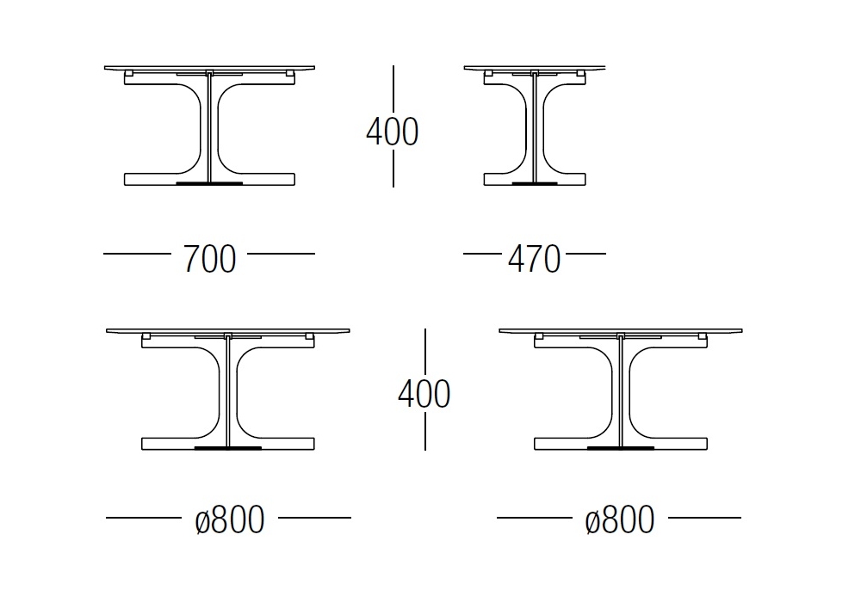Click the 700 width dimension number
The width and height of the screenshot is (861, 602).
(209, 259)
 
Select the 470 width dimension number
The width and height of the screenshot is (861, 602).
(535, 259)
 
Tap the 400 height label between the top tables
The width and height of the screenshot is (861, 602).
(393, 132)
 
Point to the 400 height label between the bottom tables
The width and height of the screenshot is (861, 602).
(424, 394)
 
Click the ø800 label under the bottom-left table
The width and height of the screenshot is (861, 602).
(230, 519)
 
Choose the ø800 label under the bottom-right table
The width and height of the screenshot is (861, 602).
(620, 519)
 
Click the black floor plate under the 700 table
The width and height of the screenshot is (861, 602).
(209, 182)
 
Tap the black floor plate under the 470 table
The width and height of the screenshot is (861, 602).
(535, 183)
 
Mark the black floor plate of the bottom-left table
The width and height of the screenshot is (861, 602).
(228, 448)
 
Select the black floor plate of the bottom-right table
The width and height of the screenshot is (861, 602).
(621, 448)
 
